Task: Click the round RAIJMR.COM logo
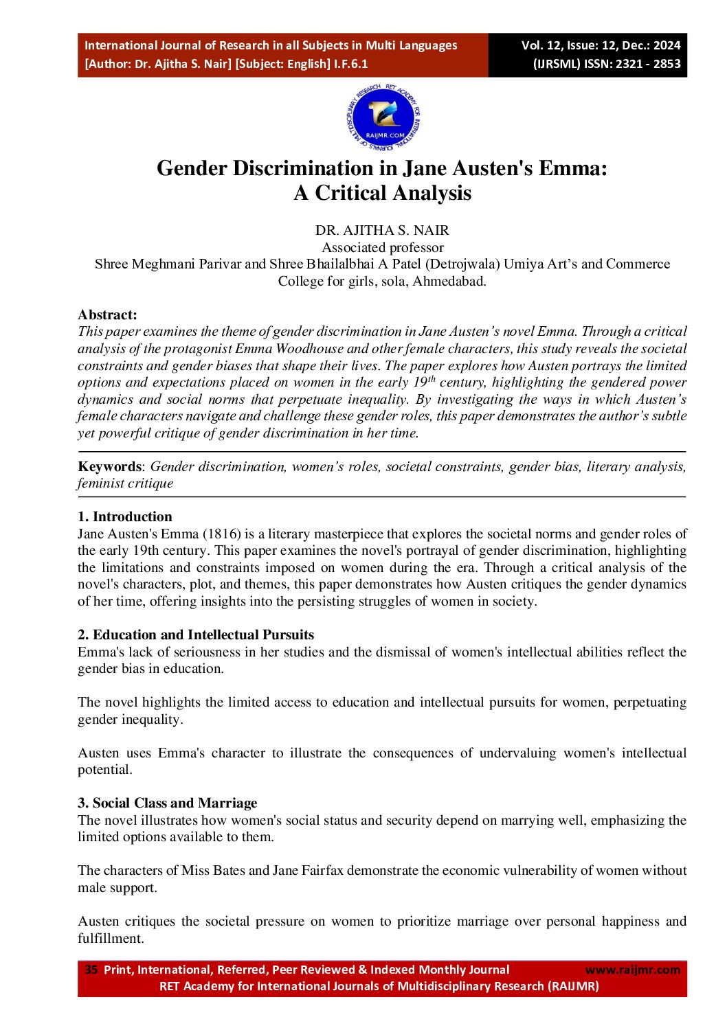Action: click(x=383, y=118)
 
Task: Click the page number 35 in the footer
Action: click(x=91, y=970)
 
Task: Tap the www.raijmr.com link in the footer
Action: click(x=632, y=970)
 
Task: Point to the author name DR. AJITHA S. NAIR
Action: click(x=382, y=230)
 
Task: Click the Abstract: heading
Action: click(x=107, y=315)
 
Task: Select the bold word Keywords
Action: click(x=109, y=466)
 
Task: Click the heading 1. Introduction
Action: click(x=125, y=516)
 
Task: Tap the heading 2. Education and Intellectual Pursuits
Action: click(x=196, y=635)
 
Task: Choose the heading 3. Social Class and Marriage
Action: click(x=167, y=803)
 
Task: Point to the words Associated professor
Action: click(x=382, y=247)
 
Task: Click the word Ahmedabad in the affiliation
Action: click(x=449, y=281)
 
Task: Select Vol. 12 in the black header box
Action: click(x=541, y=45)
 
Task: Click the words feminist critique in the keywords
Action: click(x=125, y=483)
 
